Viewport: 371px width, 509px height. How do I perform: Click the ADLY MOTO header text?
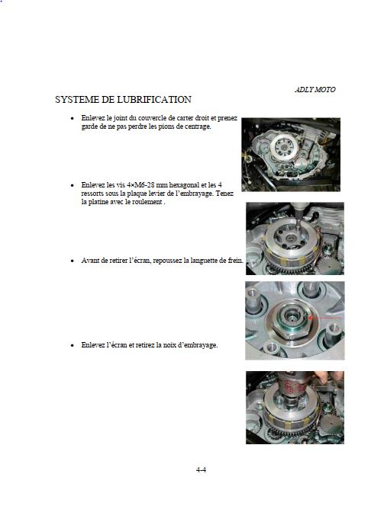pos(315,90)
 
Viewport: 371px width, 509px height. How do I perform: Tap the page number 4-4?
pos(201,469)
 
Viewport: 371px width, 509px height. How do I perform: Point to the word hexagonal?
pos(184,185)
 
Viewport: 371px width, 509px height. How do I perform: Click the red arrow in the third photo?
pos(324,318)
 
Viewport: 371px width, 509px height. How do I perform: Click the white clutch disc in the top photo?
pos(284,147)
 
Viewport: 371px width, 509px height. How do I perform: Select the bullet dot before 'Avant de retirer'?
pos(73,261)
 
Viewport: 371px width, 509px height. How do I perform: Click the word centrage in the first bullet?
pos(198,126)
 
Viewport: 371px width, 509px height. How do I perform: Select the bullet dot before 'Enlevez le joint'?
pos(73,118)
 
